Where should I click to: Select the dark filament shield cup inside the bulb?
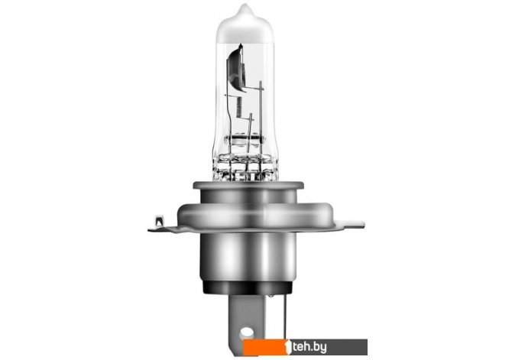(235, 67)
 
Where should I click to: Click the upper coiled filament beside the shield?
(242, 73)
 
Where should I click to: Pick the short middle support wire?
(251, 134)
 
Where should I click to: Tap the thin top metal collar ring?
(248, 185)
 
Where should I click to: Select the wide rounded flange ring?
(255, 215)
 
